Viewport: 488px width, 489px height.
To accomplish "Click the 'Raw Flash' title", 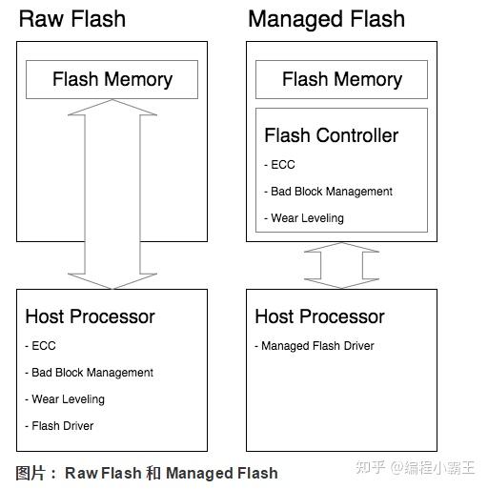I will pos(71,19).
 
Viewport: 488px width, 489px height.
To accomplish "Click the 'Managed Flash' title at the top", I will pos(326,19).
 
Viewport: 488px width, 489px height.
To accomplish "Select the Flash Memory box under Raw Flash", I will pos(112,80).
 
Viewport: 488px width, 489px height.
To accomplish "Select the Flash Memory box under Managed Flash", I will pos(341,80).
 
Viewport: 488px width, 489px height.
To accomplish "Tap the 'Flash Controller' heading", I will pos(331,135).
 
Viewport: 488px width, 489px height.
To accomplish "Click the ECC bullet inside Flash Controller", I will pos(281,165).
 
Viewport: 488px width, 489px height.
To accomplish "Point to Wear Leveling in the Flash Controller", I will pos(305,218).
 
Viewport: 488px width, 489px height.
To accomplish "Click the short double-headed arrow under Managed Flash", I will pos(341,265).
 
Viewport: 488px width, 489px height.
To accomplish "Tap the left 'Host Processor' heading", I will pos(90,316).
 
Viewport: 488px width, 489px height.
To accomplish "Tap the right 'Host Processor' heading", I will pos(319,316).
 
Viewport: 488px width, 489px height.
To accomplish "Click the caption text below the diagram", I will pos(147,473).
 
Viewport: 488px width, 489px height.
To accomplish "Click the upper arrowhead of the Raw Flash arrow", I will pos(112,108).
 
